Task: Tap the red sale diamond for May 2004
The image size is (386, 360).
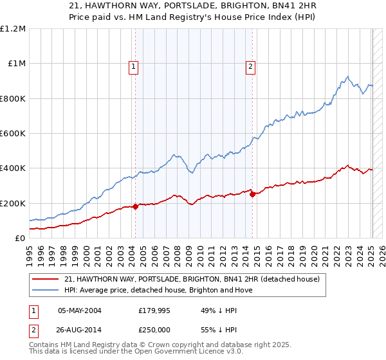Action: coord(135,206)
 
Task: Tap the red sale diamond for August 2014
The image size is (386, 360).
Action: coord(253,194)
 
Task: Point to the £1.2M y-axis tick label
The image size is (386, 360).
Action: coord(13,29)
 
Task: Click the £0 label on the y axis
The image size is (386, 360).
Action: coord(19,239)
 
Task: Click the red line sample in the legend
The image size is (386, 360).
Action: coord(46,278)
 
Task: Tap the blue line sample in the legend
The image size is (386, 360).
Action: coord(46,290)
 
